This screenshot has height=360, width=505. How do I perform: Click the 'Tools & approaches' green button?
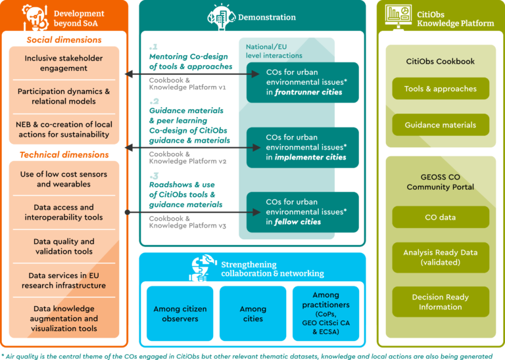coord(441,89)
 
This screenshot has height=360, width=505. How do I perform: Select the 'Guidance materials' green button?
coord(441,125)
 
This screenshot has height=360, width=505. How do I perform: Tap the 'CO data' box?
coord(441,217)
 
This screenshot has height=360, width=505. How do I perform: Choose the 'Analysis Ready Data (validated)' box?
coord(441,258)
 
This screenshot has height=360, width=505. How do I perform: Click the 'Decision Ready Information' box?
coord(441,302)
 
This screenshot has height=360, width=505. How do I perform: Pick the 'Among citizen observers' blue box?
coord(180,313)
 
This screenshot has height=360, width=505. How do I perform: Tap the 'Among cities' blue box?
coord(252,313)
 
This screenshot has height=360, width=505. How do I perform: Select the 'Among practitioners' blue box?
coord(326,313)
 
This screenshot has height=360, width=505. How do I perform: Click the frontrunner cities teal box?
coord(302,82)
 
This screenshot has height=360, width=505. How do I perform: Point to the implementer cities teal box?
coord(302,147)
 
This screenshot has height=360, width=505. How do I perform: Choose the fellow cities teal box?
coord(302,212)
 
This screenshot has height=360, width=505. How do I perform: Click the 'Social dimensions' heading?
coord(64,40)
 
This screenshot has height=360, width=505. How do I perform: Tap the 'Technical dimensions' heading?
coord(64,155)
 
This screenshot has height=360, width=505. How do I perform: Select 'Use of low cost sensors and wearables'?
coord(64,179)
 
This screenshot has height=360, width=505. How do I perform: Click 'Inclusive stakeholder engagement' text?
coord(64,63)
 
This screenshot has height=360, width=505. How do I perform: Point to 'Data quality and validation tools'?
coord(64,246)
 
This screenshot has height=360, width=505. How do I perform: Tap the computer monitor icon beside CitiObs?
coord(398,16)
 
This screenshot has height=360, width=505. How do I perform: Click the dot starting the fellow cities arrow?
coord(128,212)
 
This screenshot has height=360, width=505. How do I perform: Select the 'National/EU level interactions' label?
coord(274,51)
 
